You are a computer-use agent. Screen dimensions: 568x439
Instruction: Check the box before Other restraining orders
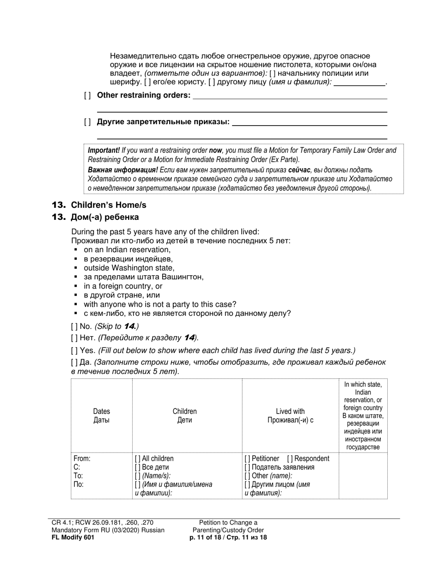[x=87, y=96]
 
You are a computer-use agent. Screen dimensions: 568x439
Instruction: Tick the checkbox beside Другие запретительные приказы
[x=87, y=122]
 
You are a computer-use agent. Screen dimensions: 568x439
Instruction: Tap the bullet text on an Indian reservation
[x=127, y=250]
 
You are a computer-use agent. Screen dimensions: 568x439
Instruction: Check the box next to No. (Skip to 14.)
[x=74, y=326]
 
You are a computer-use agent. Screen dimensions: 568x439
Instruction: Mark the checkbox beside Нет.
[x=74, y=338]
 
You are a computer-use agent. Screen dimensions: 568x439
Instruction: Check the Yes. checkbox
[x=74, y=351]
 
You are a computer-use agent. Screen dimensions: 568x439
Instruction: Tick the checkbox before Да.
[x=74, y=363]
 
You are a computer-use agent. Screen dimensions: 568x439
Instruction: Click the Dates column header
[x=102, y=411]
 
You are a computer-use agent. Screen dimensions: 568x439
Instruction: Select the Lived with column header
[x=290, y=411]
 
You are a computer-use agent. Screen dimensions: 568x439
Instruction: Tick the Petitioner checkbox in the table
[x=248, y=459]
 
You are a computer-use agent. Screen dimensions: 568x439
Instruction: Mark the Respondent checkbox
[x=290, y=459]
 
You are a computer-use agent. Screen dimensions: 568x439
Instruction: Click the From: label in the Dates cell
[x=82, y=459]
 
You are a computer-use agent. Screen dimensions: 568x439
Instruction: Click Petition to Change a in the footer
[x=228, y=522]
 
